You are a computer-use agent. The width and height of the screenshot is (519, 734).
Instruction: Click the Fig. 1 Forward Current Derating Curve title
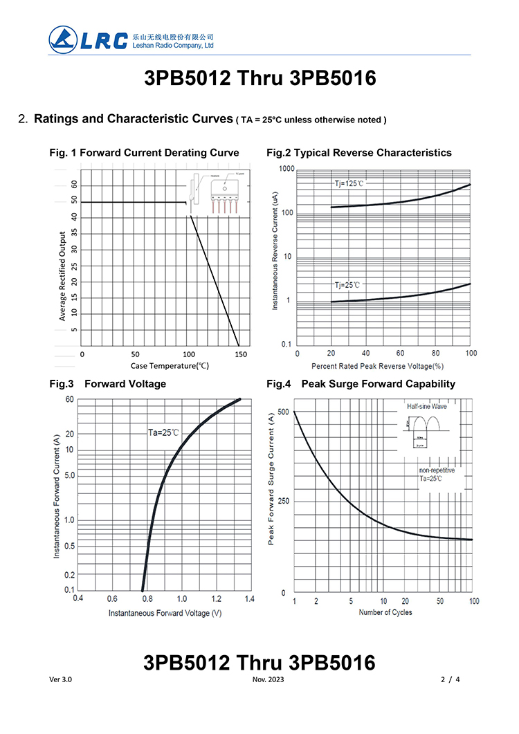145,153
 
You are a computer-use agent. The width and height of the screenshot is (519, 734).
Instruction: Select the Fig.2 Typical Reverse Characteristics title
358,153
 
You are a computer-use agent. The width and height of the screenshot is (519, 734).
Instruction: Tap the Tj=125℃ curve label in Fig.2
349,183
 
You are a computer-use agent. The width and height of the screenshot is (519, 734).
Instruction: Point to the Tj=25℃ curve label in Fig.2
347,284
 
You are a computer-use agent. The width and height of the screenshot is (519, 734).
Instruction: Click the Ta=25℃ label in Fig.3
163,432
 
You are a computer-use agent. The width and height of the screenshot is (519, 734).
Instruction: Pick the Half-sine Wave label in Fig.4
427,407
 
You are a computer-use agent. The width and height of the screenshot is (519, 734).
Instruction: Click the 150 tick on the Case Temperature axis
242,354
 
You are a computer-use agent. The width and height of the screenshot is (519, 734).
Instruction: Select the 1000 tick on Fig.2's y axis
286,169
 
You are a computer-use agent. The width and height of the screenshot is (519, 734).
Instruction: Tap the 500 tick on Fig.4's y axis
282,412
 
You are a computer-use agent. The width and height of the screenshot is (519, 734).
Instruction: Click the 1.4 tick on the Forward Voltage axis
249,598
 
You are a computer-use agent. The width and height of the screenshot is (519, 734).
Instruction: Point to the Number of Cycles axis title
385,612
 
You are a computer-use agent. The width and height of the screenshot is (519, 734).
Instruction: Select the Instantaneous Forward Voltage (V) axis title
165,613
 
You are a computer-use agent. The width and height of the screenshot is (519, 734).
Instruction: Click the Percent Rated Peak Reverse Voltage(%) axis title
377,365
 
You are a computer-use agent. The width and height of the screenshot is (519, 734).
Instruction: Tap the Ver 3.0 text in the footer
61,679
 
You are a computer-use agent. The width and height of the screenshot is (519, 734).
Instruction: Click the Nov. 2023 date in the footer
268,679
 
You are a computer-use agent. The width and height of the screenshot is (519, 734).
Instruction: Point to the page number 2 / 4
450,679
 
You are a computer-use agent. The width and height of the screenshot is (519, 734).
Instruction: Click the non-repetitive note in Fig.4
437,470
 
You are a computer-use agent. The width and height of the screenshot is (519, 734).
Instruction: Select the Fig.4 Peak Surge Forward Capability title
361,384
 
